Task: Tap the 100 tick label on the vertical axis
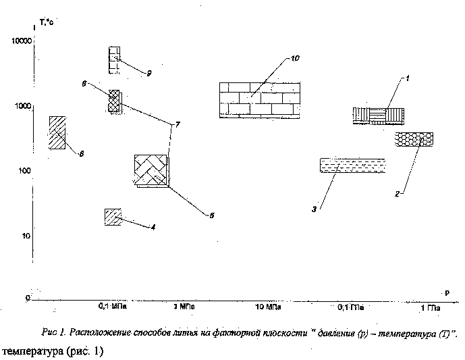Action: coord(23,171)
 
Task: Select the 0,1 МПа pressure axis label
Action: coord(113,307)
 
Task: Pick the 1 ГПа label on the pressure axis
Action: coord(431,309)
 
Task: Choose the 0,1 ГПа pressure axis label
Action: coord(352,308)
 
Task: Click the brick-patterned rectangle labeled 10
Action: coord(260,101)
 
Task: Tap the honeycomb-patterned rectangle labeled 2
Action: coord(414,139)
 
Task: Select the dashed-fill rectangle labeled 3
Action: coord(352,166)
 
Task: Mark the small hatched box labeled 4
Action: coord(113,217)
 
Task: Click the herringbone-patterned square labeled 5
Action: coord(151,171)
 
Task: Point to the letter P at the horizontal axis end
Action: coord(446,292)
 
